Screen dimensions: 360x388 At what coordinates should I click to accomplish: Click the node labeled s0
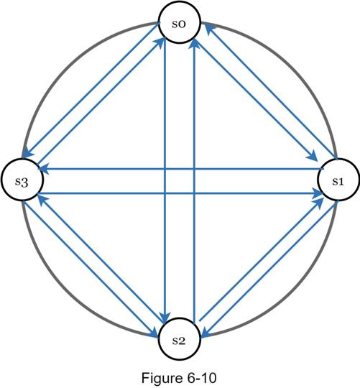179,23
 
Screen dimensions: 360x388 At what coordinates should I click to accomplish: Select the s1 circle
338,180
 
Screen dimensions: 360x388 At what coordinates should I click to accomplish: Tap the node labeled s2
179,338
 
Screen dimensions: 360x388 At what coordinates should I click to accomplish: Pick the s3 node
22,180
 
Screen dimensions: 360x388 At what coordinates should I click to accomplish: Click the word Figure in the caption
161,378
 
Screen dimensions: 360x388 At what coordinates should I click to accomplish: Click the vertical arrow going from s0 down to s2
165,180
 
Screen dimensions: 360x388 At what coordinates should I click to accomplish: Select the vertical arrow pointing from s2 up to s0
195,180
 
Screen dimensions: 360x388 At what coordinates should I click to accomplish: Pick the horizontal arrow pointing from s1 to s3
181,169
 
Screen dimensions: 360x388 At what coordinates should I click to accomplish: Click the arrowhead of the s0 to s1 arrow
313,157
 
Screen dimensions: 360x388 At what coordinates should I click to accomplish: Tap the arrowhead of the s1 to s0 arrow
210,29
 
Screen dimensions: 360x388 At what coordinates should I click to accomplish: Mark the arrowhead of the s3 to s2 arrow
153,333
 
